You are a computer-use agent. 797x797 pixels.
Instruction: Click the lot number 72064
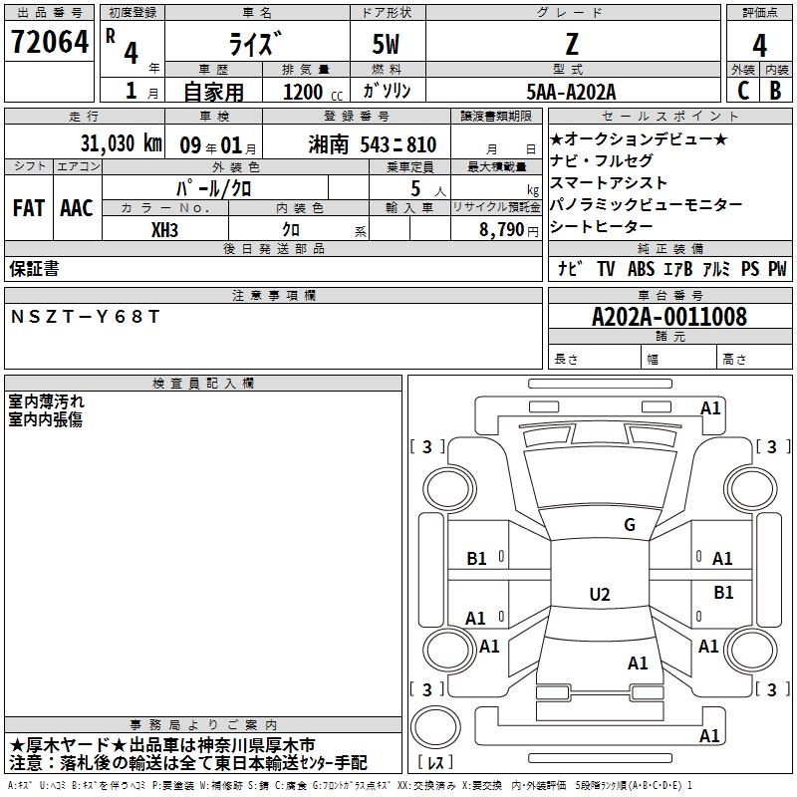point(49,42)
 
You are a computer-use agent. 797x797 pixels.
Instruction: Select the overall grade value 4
point(759,45)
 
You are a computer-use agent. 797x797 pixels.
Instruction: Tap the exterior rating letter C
point(743,91)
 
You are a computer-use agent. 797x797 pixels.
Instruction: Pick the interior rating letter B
point(776,91)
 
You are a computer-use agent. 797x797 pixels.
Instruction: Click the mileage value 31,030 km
point(121,142)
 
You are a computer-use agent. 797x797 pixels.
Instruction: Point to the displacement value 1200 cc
point(313,92)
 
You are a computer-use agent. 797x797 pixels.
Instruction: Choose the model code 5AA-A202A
point(571,92)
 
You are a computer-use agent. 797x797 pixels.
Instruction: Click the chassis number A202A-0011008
point(669,317)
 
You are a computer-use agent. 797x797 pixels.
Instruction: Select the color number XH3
point(164,230)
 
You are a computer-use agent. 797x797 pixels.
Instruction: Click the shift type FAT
point(29,208)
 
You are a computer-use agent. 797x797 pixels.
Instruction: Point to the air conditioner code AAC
point(77,208)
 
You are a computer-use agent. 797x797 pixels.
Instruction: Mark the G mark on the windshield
point(630,525)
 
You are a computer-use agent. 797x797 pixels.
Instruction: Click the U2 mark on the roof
point(600,594)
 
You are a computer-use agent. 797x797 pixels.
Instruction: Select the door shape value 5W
point(386,44)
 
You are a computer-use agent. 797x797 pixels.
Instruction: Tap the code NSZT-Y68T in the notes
point(85,317)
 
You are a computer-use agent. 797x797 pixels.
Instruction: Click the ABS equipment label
point(641,268)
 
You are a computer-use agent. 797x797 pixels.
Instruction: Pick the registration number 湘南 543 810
point(372,144)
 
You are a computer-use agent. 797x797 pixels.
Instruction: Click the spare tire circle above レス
point(435,727)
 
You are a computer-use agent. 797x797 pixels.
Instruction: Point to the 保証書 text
point(34,268)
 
